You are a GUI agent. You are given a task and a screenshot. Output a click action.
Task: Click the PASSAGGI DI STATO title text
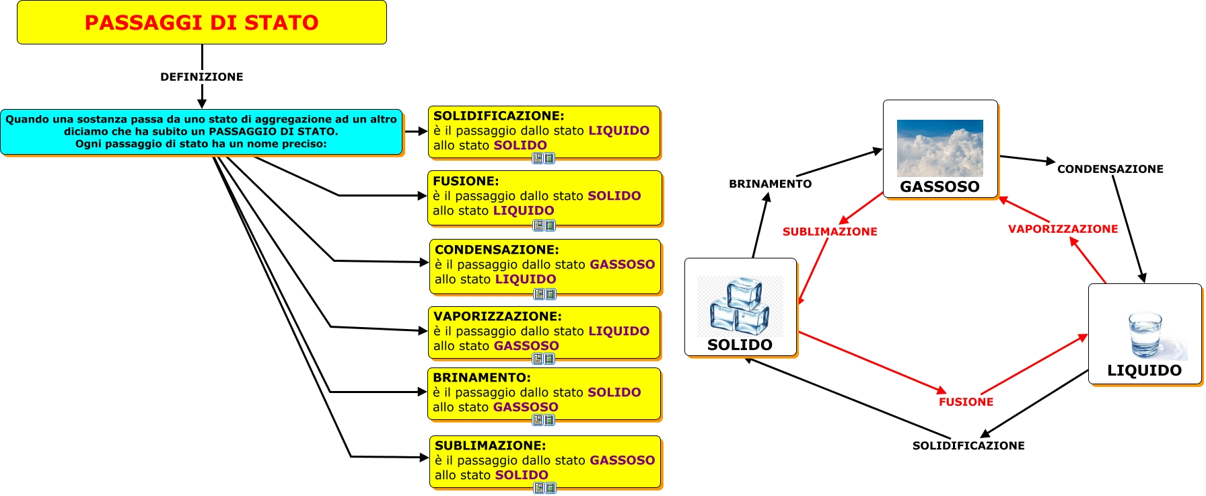201,23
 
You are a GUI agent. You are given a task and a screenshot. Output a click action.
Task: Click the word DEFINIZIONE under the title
201,77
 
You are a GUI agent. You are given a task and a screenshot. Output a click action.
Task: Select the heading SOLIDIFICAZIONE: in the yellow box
499,116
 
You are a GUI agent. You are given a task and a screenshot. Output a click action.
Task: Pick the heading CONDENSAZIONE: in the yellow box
497,250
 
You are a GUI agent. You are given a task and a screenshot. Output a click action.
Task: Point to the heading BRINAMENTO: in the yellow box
482,378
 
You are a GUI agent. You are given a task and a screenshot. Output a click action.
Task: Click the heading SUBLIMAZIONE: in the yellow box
490,446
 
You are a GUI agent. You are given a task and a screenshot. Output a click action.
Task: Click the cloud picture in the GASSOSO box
939,148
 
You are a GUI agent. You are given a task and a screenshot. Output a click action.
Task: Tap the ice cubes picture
740,306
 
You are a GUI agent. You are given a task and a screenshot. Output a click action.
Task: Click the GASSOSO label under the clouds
939,186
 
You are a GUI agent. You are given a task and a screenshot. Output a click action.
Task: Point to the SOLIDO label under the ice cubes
740,345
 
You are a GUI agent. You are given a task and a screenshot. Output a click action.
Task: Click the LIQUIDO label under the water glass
1144,370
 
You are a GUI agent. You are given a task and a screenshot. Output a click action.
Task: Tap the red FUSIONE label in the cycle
966,402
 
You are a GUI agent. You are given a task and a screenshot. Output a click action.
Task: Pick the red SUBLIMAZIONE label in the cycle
830,232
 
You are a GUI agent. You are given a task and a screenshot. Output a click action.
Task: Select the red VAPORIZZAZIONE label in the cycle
1063,229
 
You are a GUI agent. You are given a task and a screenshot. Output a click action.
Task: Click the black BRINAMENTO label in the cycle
770,184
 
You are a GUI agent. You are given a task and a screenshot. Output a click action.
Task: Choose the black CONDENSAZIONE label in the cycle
1110,169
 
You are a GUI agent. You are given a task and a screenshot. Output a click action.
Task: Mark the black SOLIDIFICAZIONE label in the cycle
968,446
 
